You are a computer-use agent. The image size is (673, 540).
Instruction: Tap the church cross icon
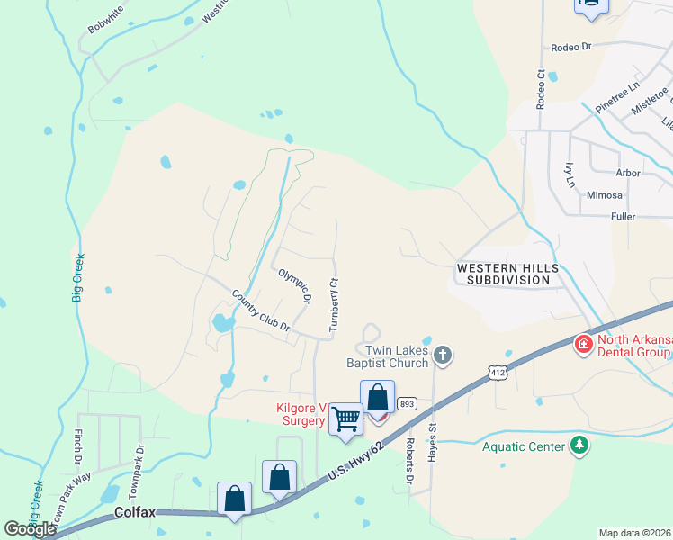click(441, 355)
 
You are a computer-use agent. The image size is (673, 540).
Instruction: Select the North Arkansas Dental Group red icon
click(583, 344)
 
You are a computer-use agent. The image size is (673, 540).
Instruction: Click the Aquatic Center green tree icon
click(580, 445)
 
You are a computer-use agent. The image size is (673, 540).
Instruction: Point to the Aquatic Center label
click(523, 446)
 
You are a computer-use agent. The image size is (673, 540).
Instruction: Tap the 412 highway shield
click(497, 371)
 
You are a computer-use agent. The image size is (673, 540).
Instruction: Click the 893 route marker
click(407, 403)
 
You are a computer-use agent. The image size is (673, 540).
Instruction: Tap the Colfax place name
click(136, 512)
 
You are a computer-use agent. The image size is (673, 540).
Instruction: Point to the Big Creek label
click(78, 277)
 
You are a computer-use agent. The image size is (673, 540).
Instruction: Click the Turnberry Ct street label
click(333, 305)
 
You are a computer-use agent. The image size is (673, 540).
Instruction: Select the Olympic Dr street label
click(294, 284)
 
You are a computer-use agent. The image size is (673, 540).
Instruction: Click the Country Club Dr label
click(260, 310)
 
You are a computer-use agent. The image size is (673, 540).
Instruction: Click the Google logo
click(30, 529)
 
